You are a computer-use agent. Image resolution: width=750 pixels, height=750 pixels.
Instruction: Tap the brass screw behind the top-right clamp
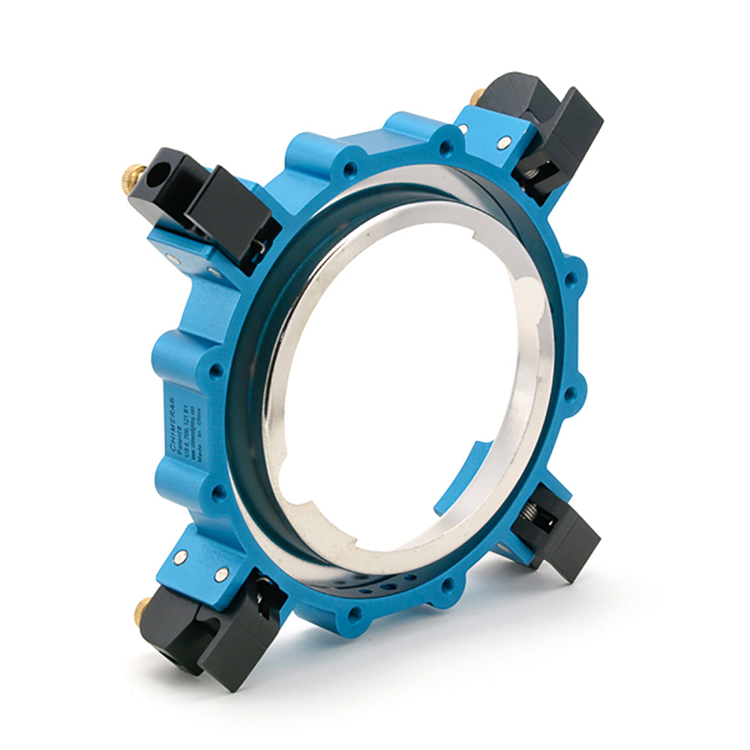click(477, 97)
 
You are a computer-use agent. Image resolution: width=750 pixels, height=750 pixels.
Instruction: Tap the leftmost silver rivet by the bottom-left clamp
click(181, 556)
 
